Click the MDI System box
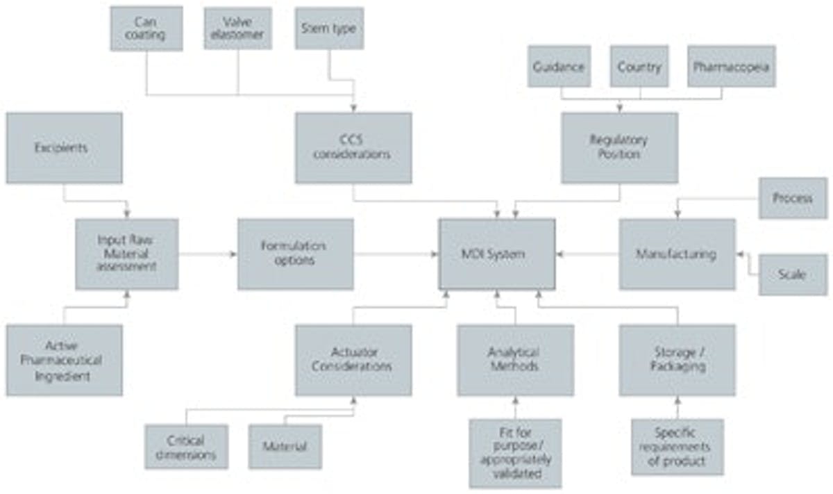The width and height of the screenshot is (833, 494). point(496,254)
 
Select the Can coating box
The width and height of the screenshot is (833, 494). point(146,28)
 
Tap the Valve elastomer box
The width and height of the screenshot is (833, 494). point(238,28)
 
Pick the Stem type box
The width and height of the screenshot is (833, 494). point(329,28)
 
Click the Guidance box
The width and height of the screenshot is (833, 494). point(559,67)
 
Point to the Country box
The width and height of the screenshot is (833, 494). point(639,67)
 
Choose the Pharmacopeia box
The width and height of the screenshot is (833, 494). point(732,67)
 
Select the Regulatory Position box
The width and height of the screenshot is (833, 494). point(619,148)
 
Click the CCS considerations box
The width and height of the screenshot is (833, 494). point(353,148)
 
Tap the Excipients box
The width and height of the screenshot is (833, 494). point(64,148)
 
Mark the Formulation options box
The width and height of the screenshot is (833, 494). point(295,254)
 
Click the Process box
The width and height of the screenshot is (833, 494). point(792,198)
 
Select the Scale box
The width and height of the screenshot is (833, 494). point(792,274)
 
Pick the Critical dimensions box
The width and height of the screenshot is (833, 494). point(186,447)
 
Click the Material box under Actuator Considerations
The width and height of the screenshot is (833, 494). point(285,447)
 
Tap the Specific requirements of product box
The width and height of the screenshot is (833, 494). point(678,447)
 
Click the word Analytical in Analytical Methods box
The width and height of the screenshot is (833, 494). point(514,353)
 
